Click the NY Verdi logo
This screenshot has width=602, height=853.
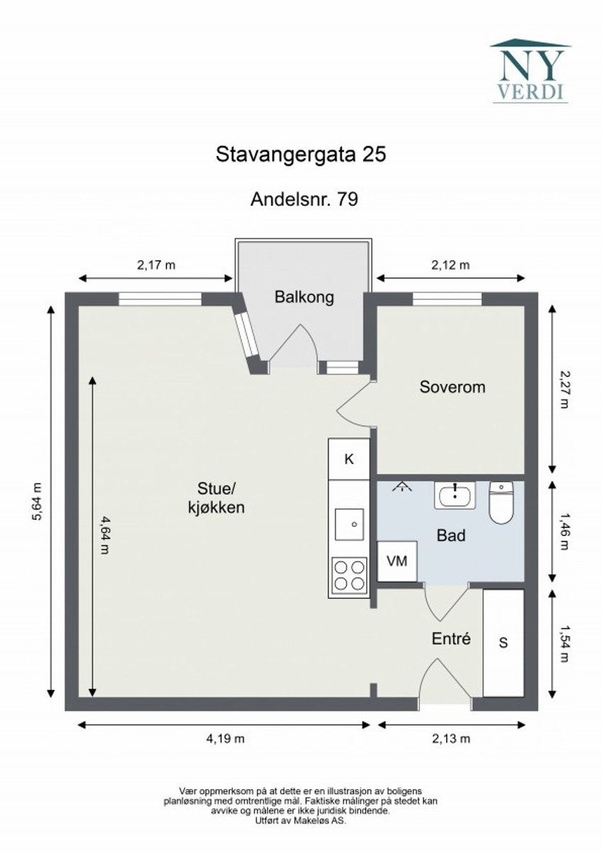point(530,71)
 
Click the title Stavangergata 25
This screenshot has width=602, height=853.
point(300,155)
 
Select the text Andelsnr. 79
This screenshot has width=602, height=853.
point(304,200)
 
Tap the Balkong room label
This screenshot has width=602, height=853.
point(304,297)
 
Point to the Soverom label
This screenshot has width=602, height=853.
point(452,387)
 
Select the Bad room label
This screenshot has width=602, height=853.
point(450,536)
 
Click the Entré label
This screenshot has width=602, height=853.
point(451,639)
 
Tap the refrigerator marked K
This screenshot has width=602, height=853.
point(348,459)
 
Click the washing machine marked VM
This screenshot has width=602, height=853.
point(397,561)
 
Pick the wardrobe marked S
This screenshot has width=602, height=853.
point(504,643)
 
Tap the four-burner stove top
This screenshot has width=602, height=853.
point(349,575)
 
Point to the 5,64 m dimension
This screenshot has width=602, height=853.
point(38,502)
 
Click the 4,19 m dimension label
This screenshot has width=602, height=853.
point(225,738)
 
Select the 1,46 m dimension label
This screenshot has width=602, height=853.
point(564,530)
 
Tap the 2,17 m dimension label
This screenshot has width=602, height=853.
point(156,266)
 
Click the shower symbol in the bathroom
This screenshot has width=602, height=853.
point(403,486)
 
